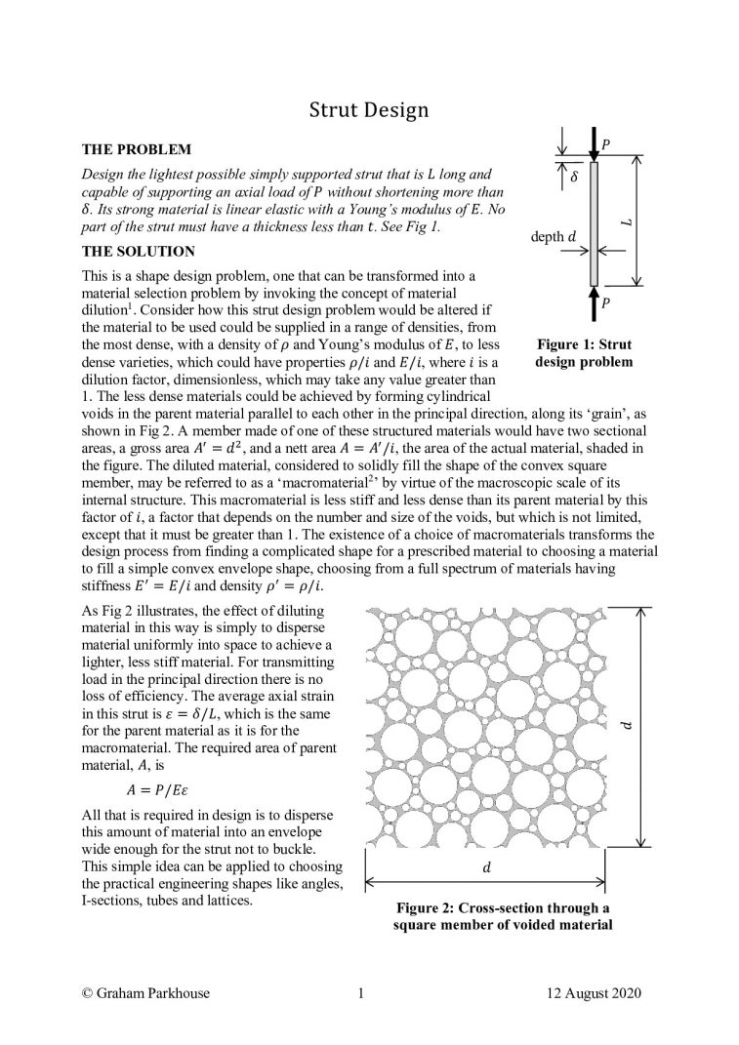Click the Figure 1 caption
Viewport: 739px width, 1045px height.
[x=584, y=353]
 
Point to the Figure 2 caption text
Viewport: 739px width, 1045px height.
[x=502, y=917]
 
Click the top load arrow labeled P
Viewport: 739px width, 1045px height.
[x=594, y=147]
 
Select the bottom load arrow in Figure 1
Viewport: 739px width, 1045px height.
[x=594, y=302]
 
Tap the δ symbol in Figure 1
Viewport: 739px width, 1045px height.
[x=574, y=180]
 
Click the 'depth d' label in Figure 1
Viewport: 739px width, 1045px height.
[x=554, y=236]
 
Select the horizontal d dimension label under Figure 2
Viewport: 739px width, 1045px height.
[x=501, y=867]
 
